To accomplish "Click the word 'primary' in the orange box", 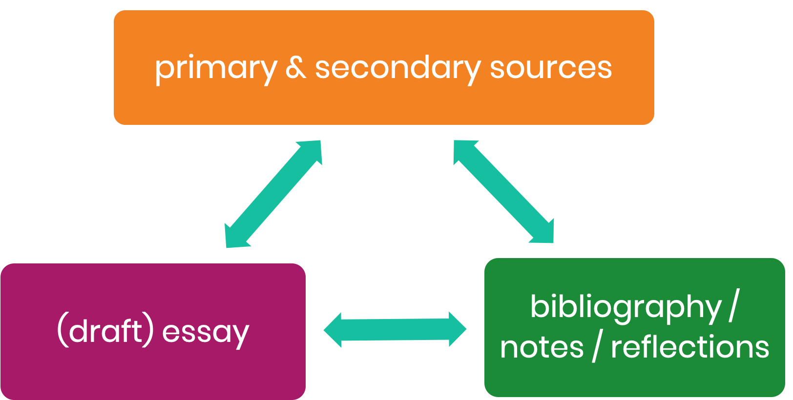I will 215,68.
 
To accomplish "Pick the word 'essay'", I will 206,332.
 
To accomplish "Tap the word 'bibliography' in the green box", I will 626,307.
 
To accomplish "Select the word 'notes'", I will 542,347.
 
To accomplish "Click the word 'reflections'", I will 690,347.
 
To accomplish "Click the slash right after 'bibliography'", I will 733,306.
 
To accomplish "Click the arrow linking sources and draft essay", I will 273,194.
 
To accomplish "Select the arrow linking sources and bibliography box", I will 504,192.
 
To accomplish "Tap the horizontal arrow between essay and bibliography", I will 395,330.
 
